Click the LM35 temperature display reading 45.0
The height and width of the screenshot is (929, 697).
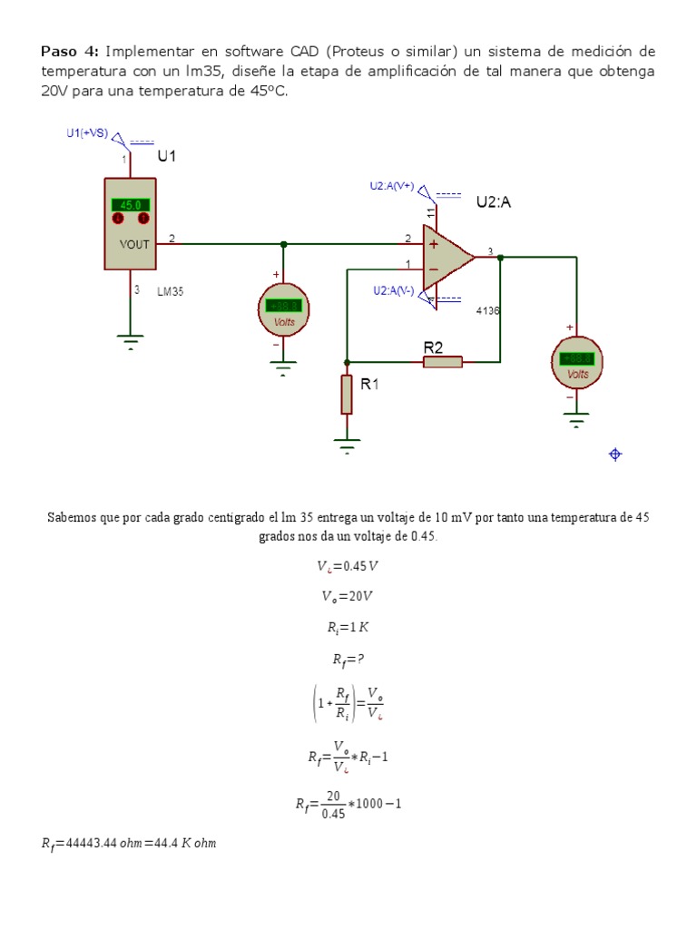pyautogui.click(x=131, y=205)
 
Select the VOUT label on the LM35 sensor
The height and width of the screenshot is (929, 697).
pyautogui.click(x=134, y=244)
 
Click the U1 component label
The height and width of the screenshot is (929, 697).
pyautogui.click(x=167, y=156)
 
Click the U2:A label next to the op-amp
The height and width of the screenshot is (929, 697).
pyautogui.click(x=494, y=202)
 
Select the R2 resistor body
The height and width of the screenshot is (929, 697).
pyautogui.click(x=443, y=362)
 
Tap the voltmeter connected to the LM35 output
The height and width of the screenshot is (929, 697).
pyautogui.click(x=284, y=308)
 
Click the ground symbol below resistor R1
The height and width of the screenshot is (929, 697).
pyautogui.click(x=347, y=444)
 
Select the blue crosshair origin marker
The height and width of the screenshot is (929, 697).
pyautogui.click(x=615, y=455)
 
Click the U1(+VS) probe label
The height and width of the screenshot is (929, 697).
pyautogui.click(x=87, y=133)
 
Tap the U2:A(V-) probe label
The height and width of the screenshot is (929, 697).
pyautogui.click(x=393, y=290)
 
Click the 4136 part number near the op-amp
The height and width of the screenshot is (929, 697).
pyautogui.click(x=488, y=310)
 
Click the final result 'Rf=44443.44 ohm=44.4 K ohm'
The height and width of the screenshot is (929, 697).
pyautogui.click(x=129, y=844)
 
